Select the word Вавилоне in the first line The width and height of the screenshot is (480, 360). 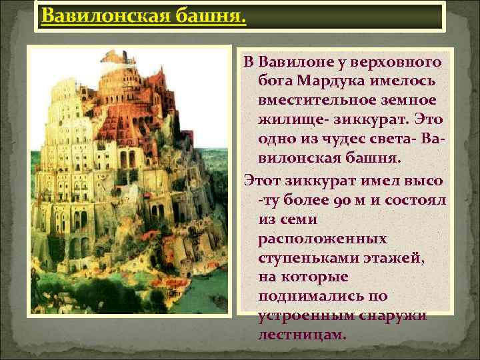pyautogui.click(x=289, y=63)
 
